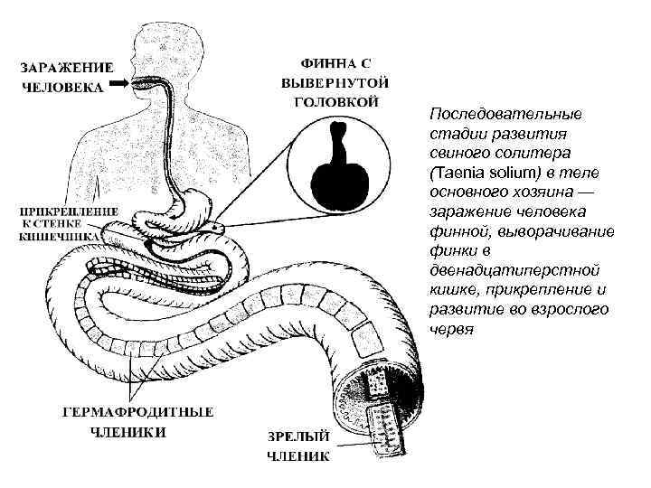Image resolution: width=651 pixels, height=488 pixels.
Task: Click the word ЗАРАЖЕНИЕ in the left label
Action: (68, 67)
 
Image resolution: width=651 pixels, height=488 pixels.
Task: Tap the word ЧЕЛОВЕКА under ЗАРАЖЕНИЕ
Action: (61, 89)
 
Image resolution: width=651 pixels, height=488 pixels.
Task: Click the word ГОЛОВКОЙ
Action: (335, 102)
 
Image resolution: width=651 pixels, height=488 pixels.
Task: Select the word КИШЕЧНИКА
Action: (62, 239)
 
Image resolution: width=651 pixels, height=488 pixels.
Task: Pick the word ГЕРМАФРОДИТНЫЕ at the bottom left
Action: (137, 412)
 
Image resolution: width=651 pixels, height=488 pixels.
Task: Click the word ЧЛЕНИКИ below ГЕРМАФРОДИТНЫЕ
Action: (130, 431)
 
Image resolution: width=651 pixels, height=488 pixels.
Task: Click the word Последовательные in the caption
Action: (506, 114)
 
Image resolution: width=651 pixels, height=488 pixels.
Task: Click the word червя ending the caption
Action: (452, 330)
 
